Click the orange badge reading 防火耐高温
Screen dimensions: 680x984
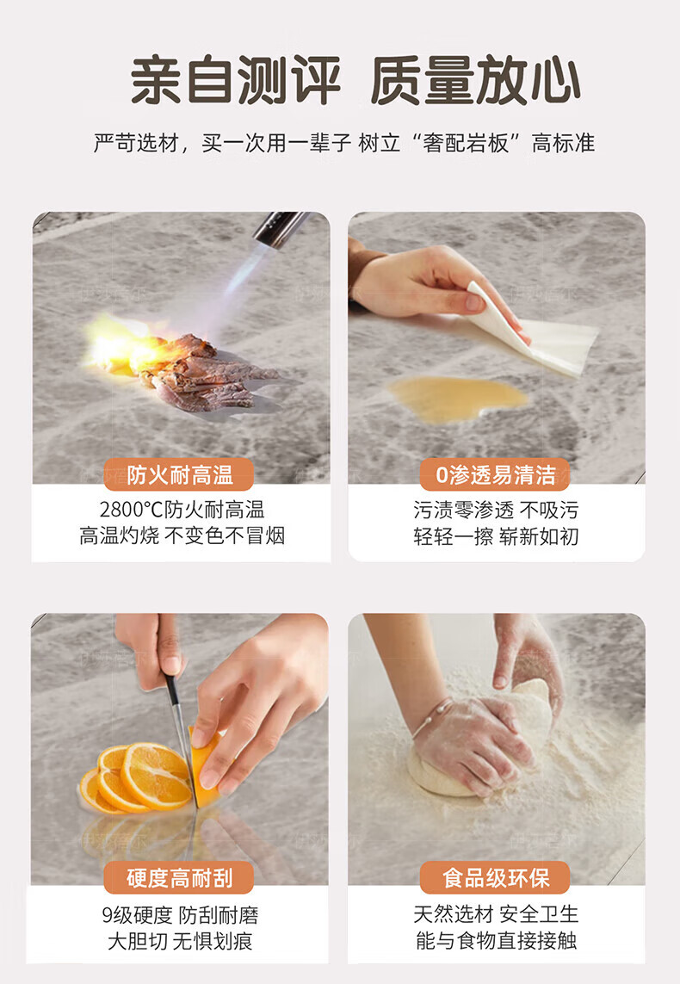179,474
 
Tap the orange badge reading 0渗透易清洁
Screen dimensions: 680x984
495,474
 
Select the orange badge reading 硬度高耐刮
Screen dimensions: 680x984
179,877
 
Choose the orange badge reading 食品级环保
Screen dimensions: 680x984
495,877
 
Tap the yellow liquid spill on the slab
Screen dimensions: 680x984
457,398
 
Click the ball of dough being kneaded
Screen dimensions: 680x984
477,746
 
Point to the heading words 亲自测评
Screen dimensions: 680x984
236,80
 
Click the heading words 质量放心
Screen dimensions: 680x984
475,80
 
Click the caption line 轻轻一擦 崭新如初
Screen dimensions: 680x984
496,536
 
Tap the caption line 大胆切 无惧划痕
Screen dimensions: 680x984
180,941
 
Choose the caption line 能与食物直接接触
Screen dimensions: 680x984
496,941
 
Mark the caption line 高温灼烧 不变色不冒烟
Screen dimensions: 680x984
182,536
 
